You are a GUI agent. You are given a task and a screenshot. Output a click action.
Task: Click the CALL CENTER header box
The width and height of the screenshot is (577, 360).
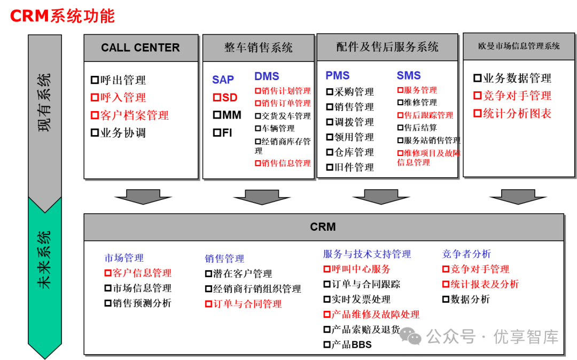pos(141,48)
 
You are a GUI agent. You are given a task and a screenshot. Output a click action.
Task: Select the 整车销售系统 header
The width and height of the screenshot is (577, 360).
pos(258,48)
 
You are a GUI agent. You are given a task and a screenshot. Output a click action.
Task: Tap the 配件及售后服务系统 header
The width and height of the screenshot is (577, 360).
pos(387,47)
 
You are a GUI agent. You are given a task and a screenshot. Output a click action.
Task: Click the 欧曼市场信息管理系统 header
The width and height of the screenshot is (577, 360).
pos(519,46)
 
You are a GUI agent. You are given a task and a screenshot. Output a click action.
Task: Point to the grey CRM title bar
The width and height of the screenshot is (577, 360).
pos(323,227)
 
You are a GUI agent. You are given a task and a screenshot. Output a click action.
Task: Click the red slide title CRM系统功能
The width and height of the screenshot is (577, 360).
pos(62,16)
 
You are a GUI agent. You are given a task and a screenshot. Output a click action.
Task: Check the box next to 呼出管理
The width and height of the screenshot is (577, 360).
pos(95,81)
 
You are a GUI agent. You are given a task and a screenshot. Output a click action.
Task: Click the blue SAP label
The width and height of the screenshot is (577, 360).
pos(223,80)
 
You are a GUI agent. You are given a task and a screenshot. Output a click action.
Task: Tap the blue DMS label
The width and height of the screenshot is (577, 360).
pos(267,76)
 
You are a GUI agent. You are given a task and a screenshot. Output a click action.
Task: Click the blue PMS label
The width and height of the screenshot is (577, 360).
pos(338,76)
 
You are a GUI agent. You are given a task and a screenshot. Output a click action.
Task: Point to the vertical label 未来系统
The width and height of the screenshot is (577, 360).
pos(45,260)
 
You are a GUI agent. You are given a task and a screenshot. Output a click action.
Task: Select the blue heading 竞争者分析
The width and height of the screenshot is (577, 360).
pos(466,254)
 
